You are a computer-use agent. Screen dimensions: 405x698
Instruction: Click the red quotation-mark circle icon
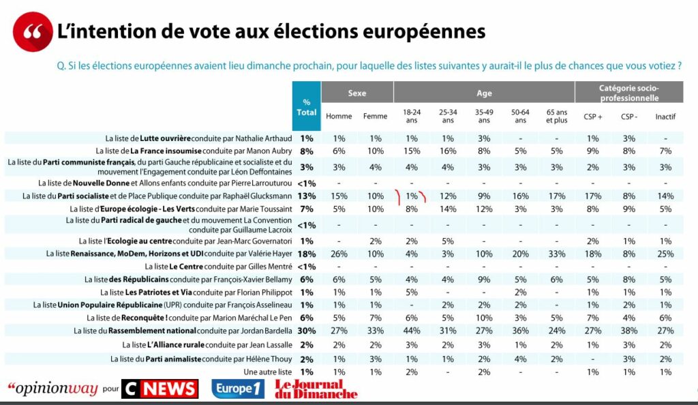pyautogui.click(x=32, y=32)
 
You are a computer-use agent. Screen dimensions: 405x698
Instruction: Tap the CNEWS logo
pyautogui.click(x=160, y=389)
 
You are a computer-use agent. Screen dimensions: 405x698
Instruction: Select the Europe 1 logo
pyautogui.click(x=237, y=389)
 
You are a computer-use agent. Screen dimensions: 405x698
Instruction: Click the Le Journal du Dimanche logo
pyautogui.click(x=316, y=389)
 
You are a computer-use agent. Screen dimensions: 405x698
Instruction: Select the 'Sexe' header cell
pyautogui.click(x=356, y=93)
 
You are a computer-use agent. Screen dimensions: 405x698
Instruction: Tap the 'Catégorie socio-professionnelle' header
pyautogui.click(x=628, y=93)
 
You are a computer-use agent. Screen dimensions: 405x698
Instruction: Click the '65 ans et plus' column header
pyautogui.click(x=556, y=117)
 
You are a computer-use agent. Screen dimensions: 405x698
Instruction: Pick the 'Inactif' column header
pyautogui.click(x=665, y=117)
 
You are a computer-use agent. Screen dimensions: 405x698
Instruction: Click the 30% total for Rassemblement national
pyautogui.click(x=307, y=331)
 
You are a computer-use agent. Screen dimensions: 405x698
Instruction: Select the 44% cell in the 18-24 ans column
pyautogui.click(x=411, y=331)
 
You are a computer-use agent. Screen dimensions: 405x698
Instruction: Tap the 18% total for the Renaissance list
pyautogui.click(x=307, y=253)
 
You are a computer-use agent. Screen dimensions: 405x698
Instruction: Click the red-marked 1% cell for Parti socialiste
pyautogui.click(x=411, y=196)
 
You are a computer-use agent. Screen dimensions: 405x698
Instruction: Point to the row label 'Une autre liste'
pyautogui.click(x=268, y=372)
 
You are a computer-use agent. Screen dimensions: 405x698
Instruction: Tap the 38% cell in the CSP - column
pyautogui.click(x=628, y=331)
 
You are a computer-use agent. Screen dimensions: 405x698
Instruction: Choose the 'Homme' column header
pyautogui.click(x=339, y=117)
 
